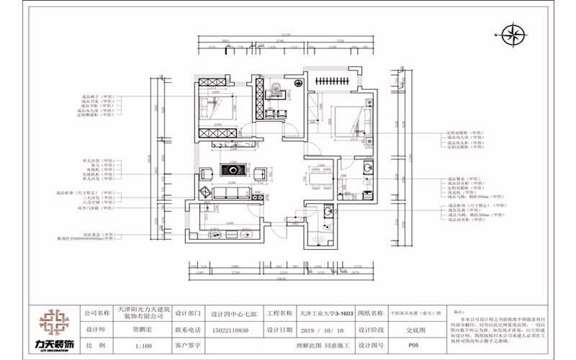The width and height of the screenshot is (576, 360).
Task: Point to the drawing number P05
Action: (413, 345)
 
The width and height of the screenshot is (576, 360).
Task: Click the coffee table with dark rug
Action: (234, 171)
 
